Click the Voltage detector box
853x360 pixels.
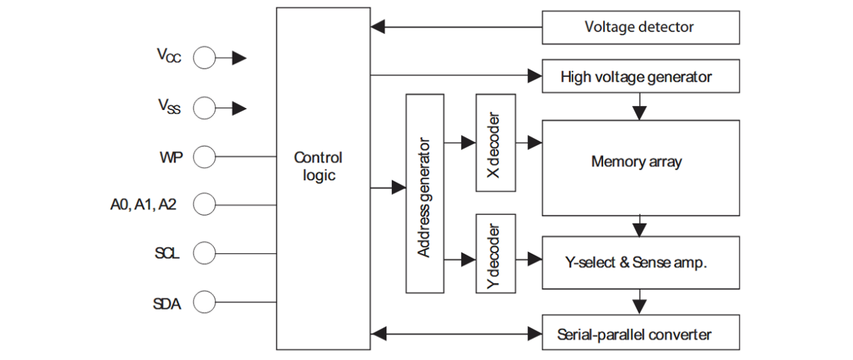click(x=640, y=28)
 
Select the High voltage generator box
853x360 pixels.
click(x=640, y=77)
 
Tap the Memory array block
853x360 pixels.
click(x=640, y=162)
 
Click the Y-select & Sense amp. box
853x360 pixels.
click(x=640, y=263)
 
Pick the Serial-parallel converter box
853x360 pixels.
click(x=640, y=334)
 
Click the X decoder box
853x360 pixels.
click(x=495, y=143)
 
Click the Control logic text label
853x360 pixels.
click(x=318, y=166)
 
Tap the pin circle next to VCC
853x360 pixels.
click(x=204, y=58)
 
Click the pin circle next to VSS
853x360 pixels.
click(x=204, y=107)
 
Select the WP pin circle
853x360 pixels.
click(x=204, y=158)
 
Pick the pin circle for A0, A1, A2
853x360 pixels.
click(x=204, y=202)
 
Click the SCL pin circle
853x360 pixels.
click(x=204, y=254)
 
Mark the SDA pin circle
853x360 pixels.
click(x=204, y=302)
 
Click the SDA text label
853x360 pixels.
click(x=166, y=304)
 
